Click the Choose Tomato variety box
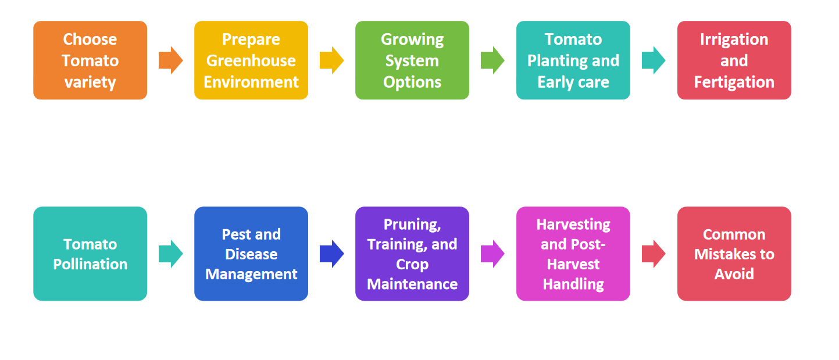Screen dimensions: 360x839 coord(90,60)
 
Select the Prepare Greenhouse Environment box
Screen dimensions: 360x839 coord(251,60)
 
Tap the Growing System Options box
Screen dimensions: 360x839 coord(412,60)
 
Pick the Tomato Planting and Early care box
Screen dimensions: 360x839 coord(573,60)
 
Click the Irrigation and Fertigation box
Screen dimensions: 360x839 coord(734,60)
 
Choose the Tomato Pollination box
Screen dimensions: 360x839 coord(90,254)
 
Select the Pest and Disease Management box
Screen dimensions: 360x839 coord(251,254)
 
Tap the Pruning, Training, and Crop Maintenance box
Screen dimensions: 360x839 coord(412,254)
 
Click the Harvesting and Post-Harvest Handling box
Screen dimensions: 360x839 coord(573,254)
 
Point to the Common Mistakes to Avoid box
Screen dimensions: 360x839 coord(734,254)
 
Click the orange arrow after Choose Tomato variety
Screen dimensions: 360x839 coord(170,60)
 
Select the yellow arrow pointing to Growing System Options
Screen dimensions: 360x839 coord(331,60)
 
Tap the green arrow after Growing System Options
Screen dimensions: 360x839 coord(492,60)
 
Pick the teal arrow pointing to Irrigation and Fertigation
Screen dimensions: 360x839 coord(654,60)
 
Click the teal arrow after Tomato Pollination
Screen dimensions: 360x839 coord(170,254)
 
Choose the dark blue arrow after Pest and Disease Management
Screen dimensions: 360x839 coord(331,254)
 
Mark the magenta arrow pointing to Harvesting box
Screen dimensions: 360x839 coord(492,254)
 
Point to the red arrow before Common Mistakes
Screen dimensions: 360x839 coord(654,254)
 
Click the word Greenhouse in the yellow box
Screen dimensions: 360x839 coord(251,60)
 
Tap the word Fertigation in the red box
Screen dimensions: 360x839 coord(734,82)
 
